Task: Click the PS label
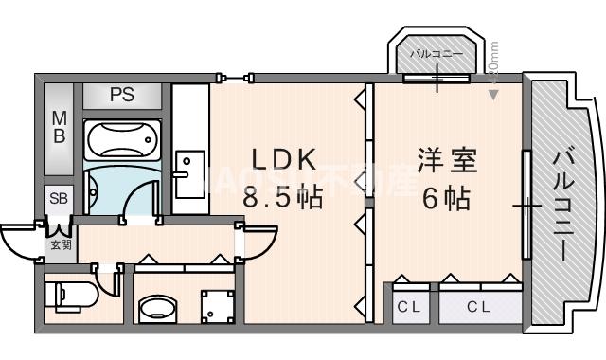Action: tap(120, 95)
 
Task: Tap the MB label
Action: tap(59, 128)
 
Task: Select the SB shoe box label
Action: tap(59, 198)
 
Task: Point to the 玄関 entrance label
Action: tap(61, 245)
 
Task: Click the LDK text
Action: tap(282, 159)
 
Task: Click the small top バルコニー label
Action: tap(437, 54)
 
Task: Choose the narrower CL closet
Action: tap(407, 306)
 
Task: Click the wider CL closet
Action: tap(477, 306)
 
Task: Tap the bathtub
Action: tap(123, 141)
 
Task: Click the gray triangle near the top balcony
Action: tap(493, 93)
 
